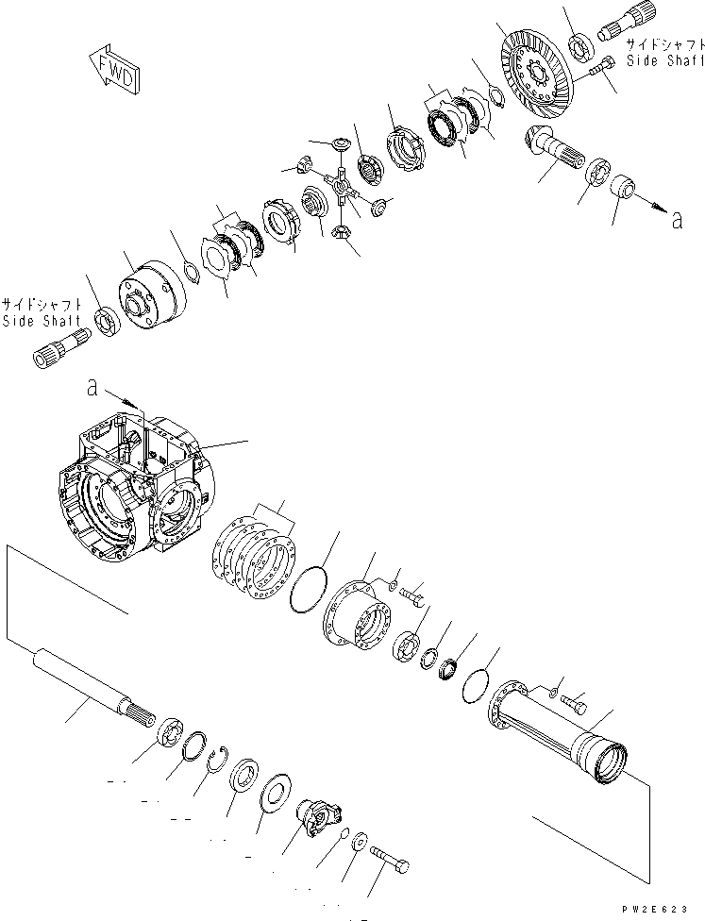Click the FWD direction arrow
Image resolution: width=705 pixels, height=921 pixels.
[x=113, y=71]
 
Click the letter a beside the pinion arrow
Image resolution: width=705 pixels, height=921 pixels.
[x=676, y=221]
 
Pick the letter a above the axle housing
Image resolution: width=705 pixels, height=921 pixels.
[x=92, y=387]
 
